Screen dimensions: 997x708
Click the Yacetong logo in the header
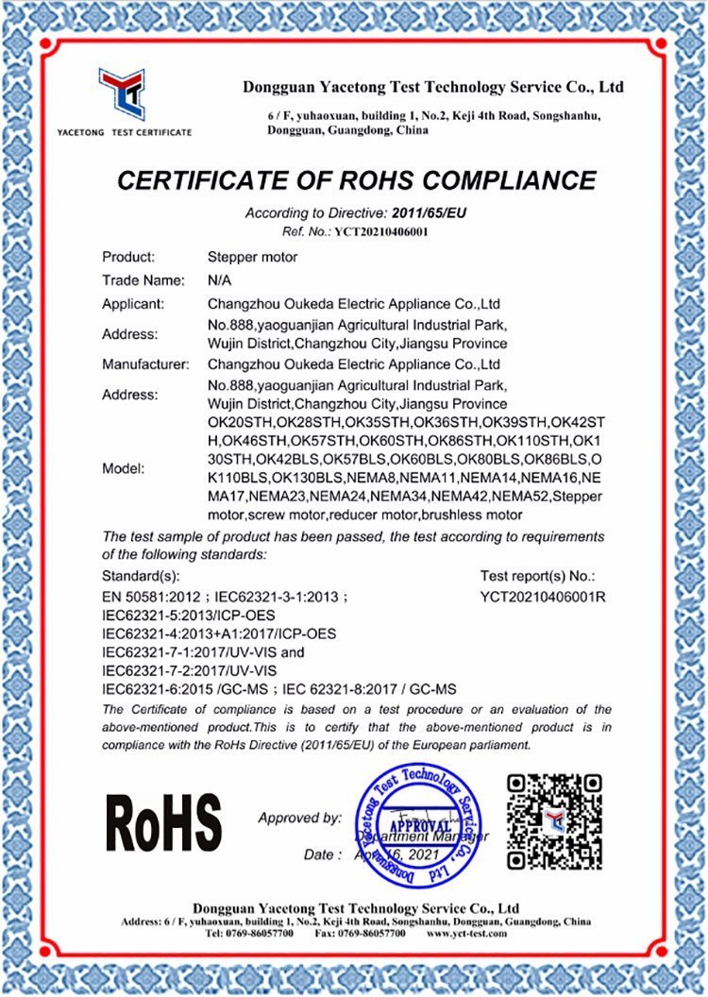point(123,93)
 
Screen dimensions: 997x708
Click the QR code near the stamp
point(554,820)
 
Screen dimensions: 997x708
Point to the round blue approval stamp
point(415,821)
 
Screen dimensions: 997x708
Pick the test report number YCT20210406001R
point(542,596)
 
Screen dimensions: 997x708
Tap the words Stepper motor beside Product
point(252,257)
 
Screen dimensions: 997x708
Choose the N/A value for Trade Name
point(219,280)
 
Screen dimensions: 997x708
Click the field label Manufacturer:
point(145,363)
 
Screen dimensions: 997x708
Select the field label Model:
point(125,468)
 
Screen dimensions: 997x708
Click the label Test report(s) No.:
point(538,575)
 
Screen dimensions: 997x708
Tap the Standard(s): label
point(140,575)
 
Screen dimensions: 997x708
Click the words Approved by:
point(300,818)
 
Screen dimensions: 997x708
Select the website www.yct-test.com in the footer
point(466,933)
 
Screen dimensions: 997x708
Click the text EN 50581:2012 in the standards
point(151,597)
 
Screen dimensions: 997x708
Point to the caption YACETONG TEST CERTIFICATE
point(124,132)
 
